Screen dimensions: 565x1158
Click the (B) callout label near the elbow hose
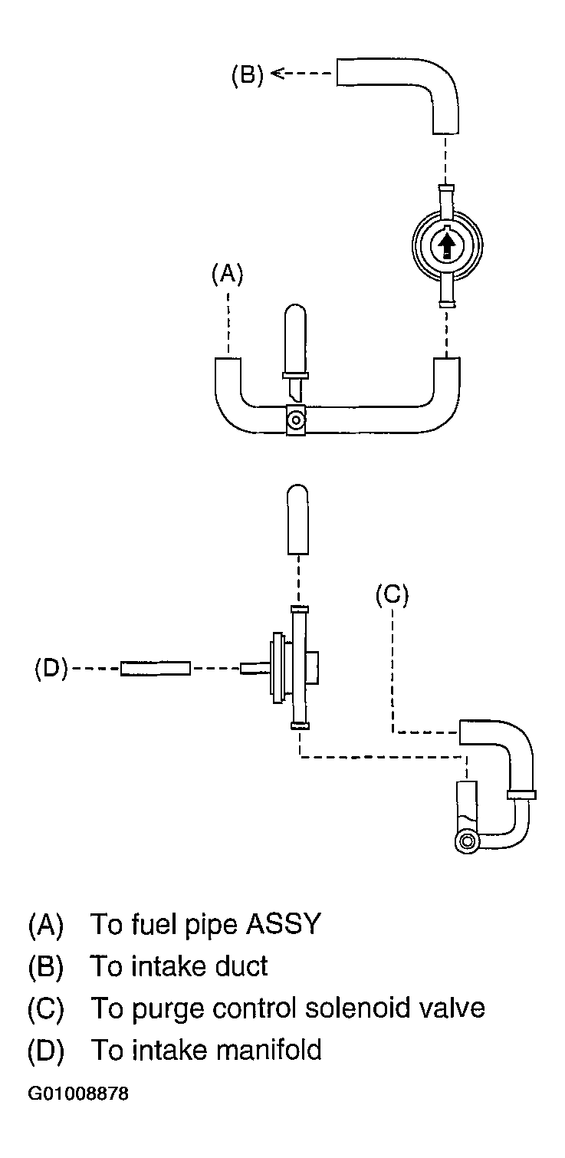tap(247, 75)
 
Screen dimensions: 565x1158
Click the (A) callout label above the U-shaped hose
tap(228, 274)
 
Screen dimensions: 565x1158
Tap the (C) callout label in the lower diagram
tap(392, 594)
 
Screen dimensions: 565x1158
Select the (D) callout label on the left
tap(51, 669)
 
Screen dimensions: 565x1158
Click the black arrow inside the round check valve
tap(447, 245)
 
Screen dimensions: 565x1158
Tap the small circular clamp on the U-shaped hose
tap(295, 419)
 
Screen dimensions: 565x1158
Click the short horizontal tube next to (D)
tap(155, 669)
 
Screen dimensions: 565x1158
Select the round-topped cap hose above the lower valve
tap(297, 519)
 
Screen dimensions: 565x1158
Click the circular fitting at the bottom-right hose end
tap(468, 841)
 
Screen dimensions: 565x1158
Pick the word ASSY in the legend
tap(284, 924)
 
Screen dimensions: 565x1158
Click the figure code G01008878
tap(78, 1094)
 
